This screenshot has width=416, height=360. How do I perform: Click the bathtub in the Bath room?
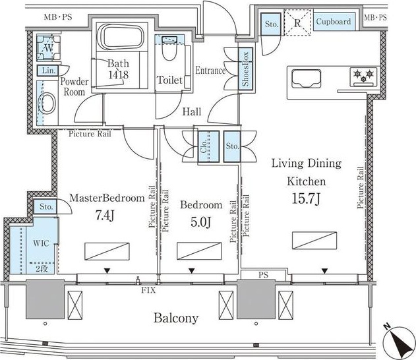[x=122, y=37]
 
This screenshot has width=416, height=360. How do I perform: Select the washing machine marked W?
[x=49, y=47]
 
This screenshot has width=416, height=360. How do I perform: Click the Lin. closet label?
[x=49, y=71]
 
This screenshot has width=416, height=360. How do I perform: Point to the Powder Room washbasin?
[x=47, y=104]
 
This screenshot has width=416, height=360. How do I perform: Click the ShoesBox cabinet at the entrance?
[x=245, y=69]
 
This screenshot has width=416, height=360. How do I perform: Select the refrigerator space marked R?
[x=297, y=22]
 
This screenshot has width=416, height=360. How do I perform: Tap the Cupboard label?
[x=334, y=22]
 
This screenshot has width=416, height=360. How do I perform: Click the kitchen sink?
[x=306, y=78]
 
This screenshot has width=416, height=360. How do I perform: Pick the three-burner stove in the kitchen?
[x=363, y=77]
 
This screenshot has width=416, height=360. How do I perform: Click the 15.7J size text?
[x=306, y=198]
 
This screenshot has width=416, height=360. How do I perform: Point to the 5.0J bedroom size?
[x=201, y=222]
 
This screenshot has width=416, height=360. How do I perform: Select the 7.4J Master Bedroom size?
[x=105, y=215]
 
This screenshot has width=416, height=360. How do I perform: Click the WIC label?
[x=41, y=243]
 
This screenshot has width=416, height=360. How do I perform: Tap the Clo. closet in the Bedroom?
[x=208, y=146]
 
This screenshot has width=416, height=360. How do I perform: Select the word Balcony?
[x=176, y=318]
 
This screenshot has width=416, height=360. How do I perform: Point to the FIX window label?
[x=148, y=290]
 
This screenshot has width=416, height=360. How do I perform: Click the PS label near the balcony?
[x=264, y=275]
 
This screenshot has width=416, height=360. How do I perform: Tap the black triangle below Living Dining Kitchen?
[x=324, y=271]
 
